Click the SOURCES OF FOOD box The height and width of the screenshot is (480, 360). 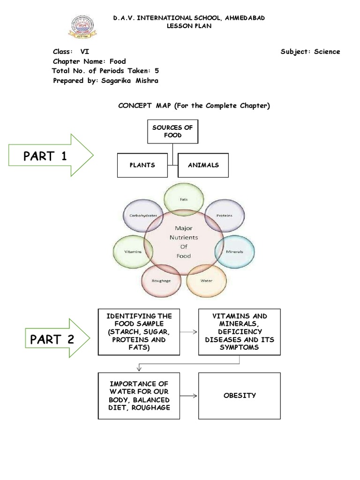172,132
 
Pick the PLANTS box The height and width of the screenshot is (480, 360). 142,165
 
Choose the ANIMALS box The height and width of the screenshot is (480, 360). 203,165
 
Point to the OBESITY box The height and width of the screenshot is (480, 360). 239,396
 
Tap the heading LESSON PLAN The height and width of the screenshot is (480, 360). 189,26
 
